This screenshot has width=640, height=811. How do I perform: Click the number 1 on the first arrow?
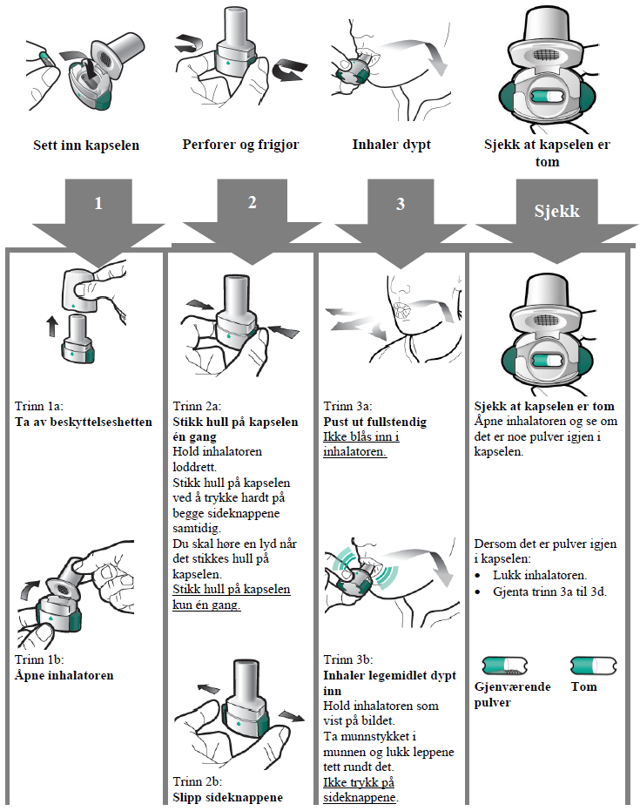pos(98,204)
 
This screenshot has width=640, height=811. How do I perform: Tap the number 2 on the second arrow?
pos(252,202)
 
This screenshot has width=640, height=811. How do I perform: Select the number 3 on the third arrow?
pos(400,204)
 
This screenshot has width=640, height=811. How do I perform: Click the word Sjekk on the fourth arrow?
pos(556,211)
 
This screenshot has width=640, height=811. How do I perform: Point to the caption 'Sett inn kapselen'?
pos(86,145)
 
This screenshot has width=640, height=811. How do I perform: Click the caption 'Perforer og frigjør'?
pos(241,145)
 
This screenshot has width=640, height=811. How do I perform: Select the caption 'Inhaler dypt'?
pos(391,145)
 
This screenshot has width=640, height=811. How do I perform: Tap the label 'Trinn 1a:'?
pos(39,407)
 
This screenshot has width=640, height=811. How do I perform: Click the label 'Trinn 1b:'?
pos(39,659)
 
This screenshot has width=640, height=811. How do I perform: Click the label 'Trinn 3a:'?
pos(347,407)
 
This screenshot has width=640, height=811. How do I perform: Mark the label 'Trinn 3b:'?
pos(347,659)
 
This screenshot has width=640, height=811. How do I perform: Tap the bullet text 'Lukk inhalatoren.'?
pos(539,575)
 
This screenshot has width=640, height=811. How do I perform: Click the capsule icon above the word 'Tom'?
pos(594,666)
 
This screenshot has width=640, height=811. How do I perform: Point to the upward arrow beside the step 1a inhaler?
pos(51,327)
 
